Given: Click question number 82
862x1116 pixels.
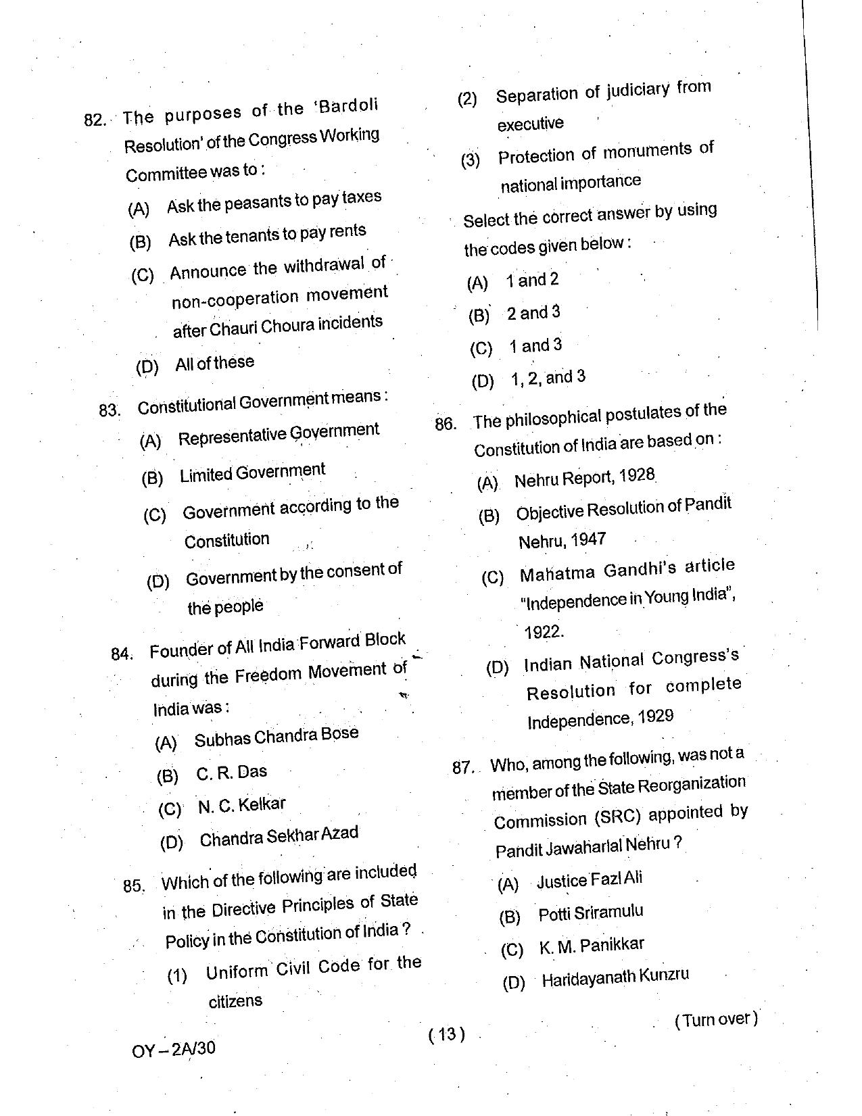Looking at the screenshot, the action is (x=95, y=120).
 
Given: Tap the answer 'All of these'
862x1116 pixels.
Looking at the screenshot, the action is (x=214, y=363).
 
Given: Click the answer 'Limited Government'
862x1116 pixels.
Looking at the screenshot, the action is (x=252, y=472).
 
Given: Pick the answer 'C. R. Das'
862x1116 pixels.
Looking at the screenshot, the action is (x=232, y=772).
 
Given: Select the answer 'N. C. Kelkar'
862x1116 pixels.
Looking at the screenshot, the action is (x=241, y=805).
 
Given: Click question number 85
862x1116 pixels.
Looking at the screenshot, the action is (x=134, y=885).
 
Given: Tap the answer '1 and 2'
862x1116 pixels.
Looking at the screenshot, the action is (x=532, y=280).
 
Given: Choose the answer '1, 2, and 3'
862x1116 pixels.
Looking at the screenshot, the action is (x=548, y=378).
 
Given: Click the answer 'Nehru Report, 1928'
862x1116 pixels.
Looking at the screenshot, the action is (x=584, y=477).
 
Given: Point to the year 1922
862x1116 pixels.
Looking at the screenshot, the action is (x=544, y=632).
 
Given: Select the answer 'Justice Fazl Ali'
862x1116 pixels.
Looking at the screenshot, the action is (x=589, y=879).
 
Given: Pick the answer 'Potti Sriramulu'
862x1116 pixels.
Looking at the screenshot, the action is (x=590, y=913).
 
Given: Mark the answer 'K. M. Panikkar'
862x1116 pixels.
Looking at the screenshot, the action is (x=591, y=946).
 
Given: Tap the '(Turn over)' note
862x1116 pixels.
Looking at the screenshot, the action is (x=716, y=1019).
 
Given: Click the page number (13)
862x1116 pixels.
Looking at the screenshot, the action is (x=447, y=1034).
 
